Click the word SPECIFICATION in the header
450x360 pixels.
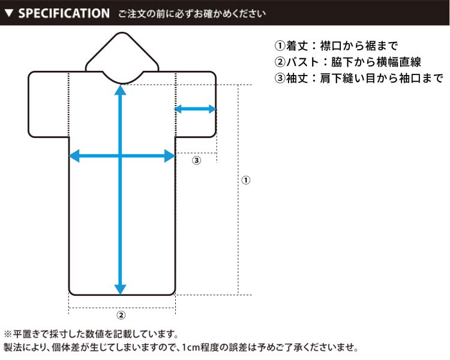64,13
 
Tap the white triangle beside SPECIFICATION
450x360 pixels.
9,13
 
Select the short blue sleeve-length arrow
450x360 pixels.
196,109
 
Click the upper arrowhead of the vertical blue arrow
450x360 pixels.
120,90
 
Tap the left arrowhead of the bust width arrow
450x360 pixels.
74,156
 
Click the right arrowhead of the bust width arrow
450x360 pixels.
170,156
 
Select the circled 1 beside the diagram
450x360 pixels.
245,180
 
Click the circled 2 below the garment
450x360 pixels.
121,315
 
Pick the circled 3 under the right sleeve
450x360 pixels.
197,160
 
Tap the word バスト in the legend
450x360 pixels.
303,62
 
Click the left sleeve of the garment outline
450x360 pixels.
49,104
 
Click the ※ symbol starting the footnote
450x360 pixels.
8,334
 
